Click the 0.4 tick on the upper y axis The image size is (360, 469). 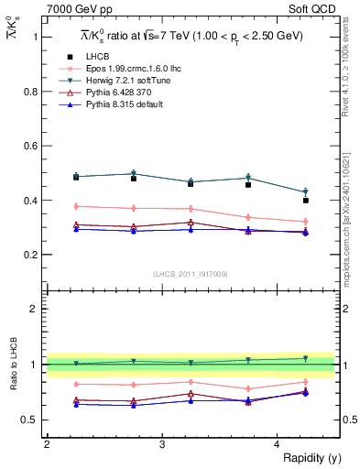pos(33,201)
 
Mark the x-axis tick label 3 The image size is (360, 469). pos(161,444)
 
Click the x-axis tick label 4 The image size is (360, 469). pos(277,444)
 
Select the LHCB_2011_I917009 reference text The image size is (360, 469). pos(191,273)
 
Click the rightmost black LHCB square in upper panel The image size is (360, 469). pos(306,200)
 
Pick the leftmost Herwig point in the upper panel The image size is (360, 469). pos(76,176)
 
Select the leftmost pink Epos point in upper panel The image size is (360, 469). pos(76,206)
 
